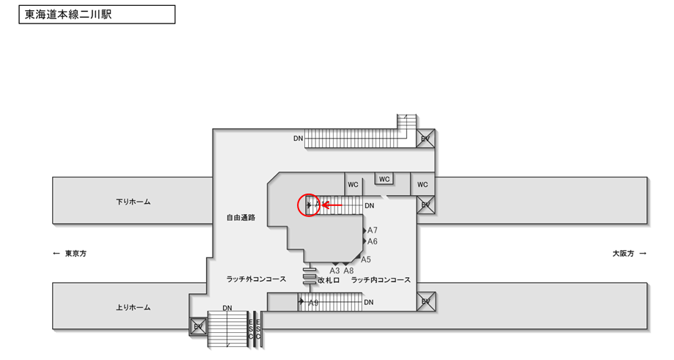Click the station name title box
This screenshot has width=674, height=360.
[97, 15]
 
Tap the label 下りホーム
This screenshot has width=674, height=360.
[133, 202]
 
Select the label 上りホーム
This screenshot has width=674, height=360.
[133, 307]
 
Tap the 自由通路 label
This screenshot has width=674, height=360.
[241, 218]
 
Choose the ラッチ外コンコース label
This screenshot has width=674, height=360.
[256, 280]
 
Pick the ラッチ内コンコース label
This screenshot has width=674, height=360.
[380, 280]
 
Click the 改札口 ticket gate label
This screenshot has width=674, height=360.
[328, 280]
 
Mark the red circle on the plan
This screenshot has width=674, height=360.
[309, 205]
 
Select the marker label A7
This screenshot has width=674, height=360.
[373, 230]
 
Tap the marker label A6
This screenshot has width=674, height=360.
[373, 241]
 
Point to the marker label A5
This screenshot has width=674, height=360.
[366, 260]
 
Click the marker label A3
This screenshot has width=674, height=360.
[334, 271]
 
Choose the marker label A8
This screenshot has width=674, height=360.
[349, 271]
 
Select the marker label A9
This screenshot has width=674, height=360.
[313, 303]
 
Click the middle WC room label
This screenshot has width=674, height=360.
[384, 179]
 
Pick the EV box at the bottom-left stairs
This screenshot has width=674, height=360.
[198, 326]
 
